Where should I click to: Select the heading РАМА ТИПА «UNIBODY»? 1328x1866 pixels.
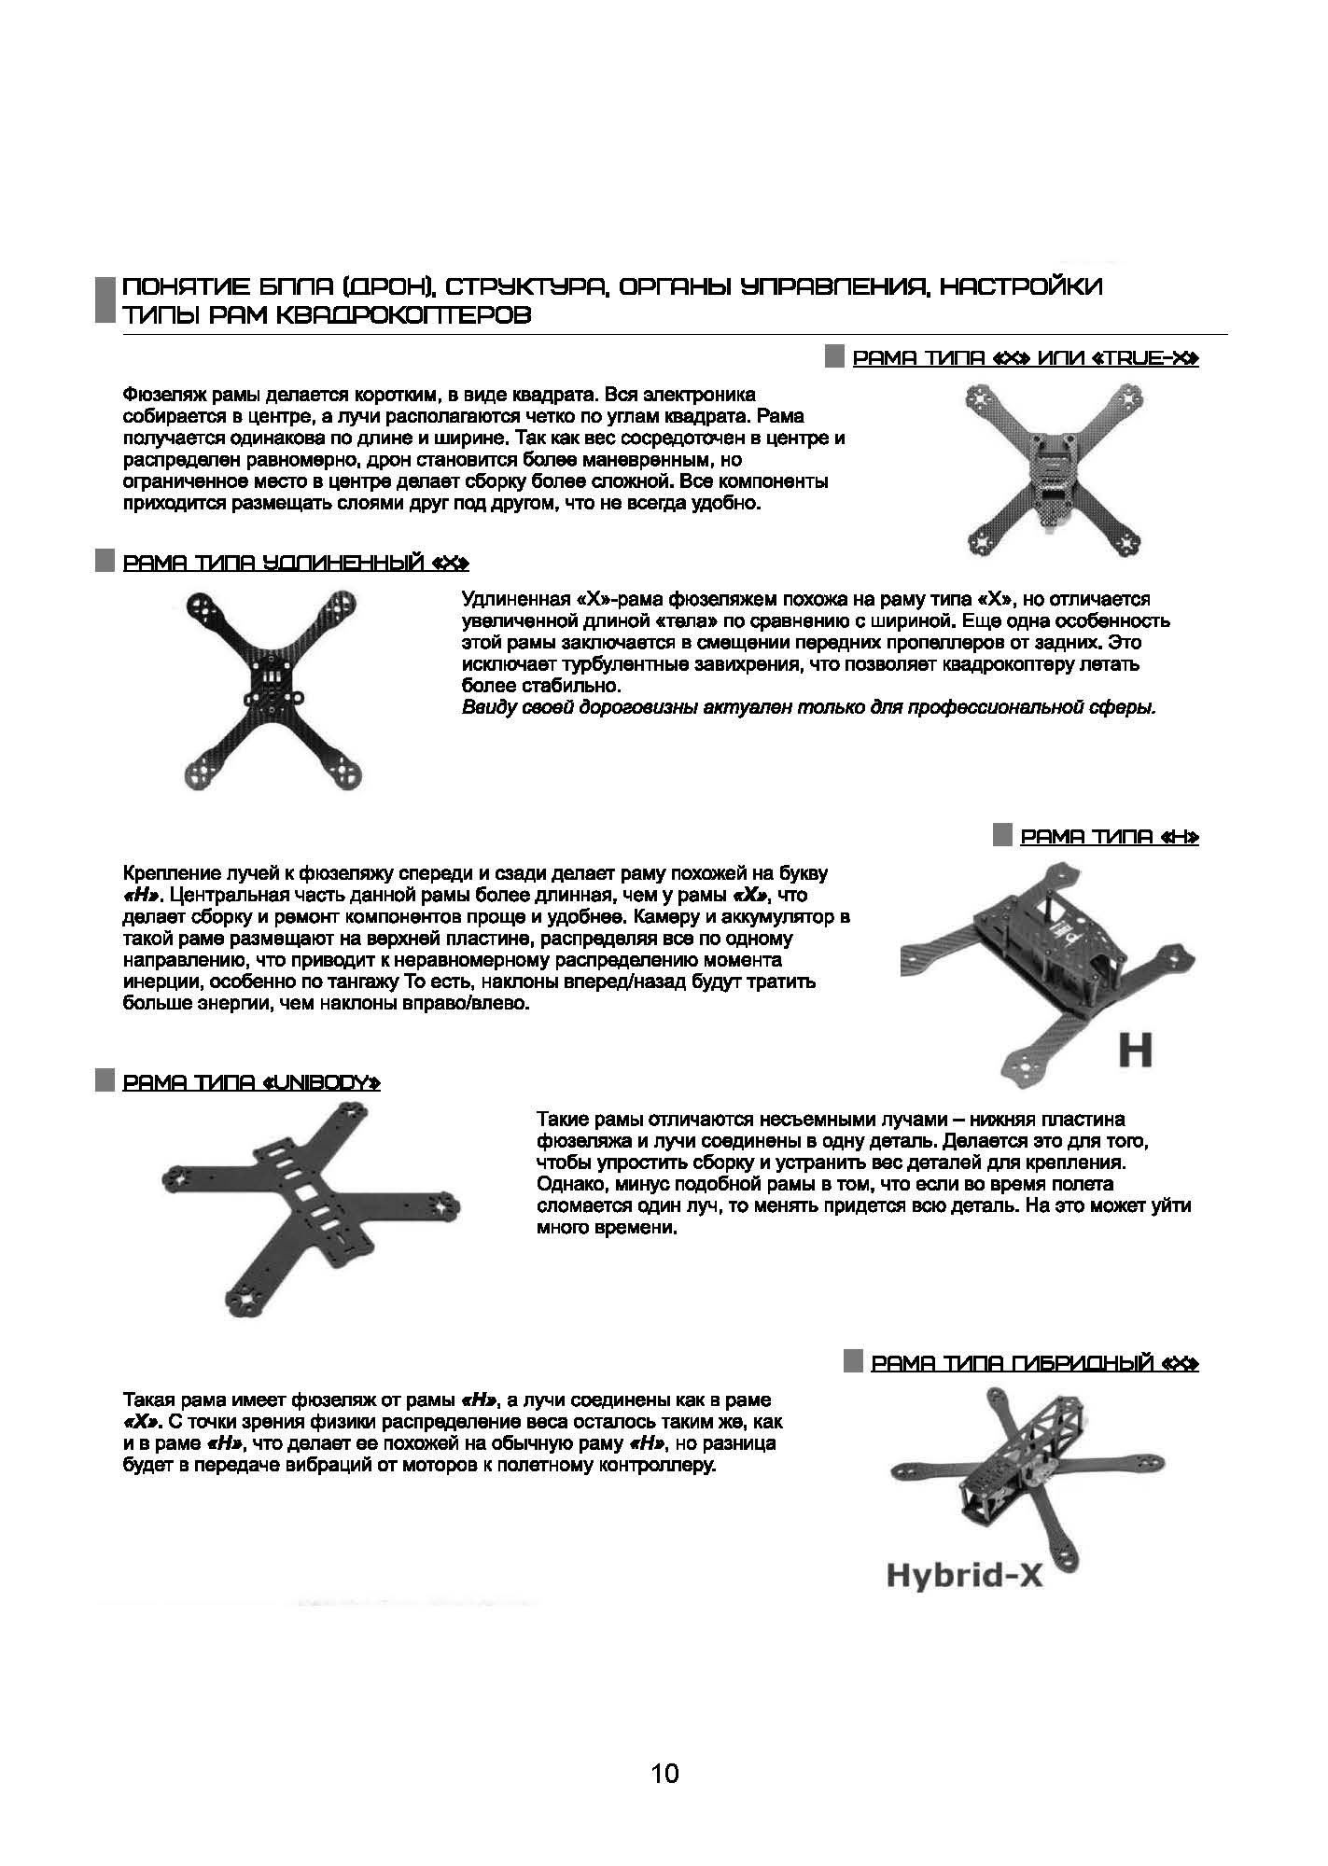click(251, 1082)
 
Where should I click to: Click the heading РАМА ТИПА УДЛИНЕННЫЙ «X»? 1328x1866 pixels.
click(295, 563)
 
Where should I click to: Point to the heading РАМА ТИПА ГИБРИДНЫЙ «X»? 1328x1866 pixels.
click(1034, 1363)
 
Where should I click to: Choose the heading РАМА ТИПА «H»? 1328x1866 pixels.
click(1109, 837)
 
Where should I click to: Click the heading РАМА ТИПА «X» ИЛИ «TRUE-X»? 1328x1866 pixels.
click(1026, 358)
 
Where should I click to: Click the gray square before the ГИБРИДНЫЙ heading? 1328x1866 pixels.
click(852, 1361)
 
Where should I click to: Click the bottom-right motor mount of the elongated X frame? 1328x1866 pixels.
click(342, 773)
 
